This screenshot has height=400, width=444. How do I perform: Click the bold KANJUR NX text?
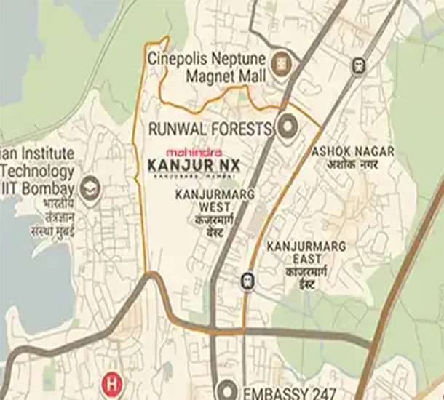tap(193, 165)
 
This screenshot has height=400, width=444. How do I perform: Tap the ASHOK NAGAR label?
tap(353, 151)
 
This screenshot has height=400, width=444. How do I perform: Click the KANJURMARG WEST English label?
tap(205, 201)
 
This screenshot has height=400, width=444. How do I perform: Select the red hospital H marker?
tap(111, 381)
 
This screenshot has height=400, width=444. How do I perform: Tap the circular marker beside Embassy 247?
tap(227, 390)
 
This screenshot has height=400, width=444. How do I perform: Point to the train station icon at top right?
tap(357, 65)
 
